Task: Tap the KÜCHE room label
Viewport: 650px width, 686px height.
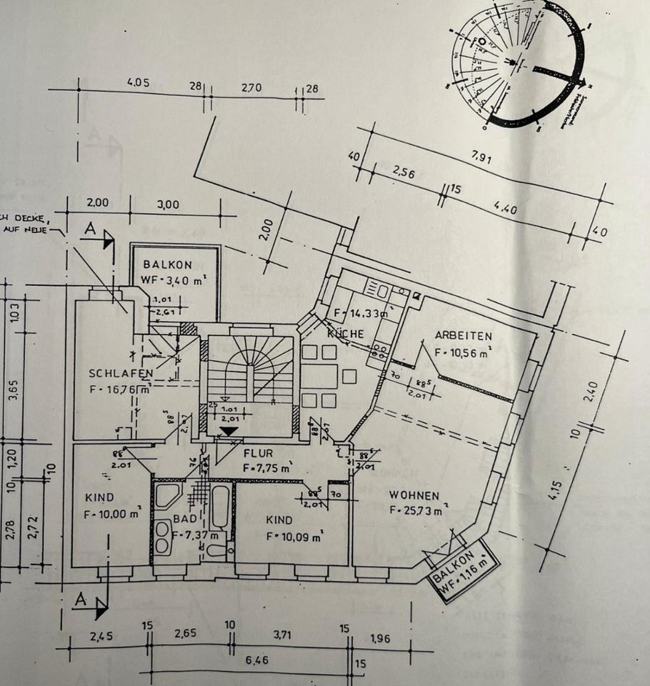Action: [346, 334]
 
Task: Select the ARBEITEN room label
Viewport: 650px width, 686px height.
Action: [464, 335]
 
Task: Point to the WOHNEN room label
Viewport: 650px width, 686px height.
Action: [414, 495]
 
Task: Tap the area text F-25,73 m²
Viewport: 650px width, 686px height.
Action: [420, 509]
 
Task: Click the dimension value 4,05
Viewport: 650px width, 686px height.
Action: [137, 83]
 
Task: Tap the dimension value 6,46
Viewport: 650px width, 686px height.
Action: [256, 661]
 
